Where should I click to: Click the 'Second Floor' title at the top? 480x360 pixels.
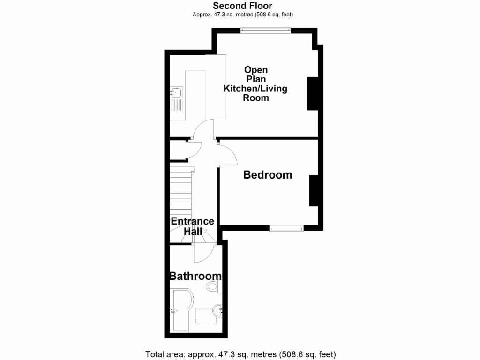click(242, 6)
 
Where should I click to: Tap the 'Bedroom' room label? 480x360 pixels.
click(267, 175)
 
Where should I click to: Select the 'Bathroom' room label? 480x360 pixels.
click(195, 276)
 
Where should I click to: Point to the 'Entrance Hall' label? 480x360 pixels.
click(192, 226)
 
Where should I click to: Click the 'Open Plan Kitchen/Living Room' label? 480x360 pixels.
click(255, 84)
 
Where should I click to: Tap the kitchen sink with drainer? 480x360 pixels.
click(177, 100)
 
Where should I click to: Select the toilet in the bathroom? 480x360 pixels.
click(213, 287)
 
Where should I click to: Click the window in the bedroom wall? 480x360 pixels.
click(286, 228)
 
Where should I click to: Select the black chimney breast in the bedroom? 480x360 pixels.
click(313, 190)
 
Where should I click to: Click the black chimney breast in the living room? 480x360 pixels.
click(312, 94)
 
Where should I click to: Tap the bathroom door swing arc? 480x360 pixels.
click(204, 253)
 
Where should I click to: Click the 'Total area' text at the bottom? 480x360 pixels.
click(240, 354)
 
